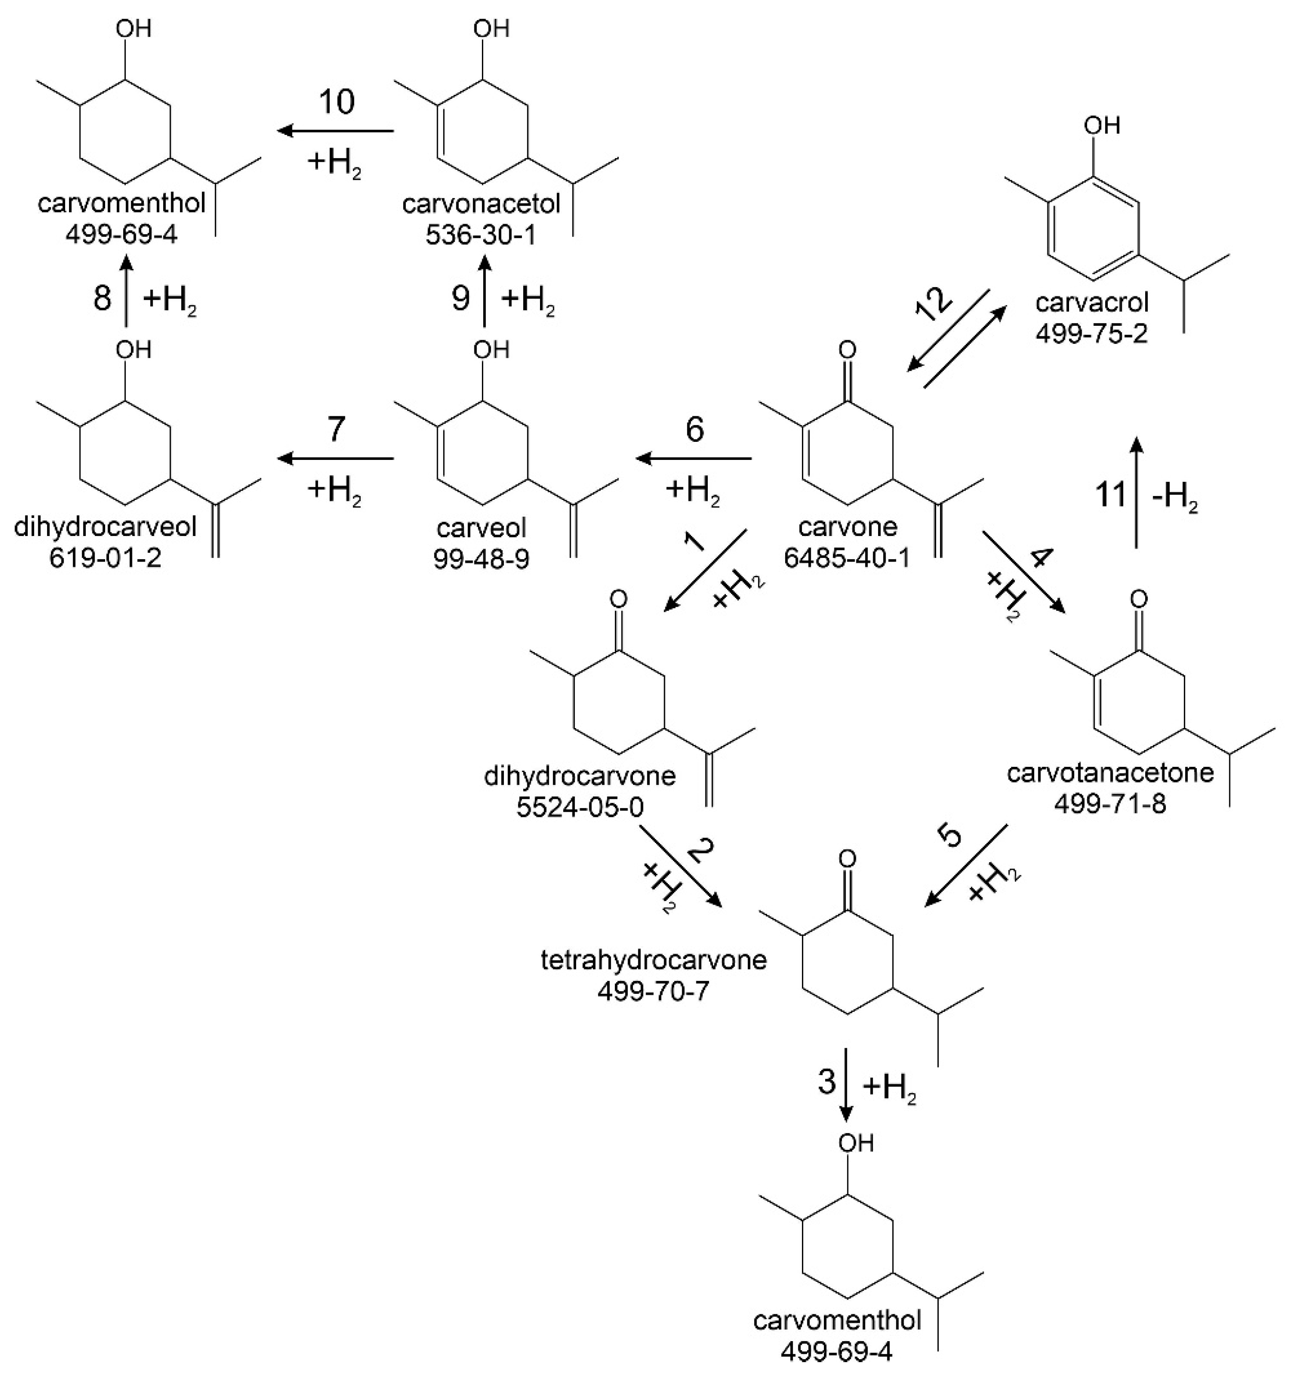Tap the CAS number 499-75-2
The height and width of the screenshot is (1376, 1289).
click(x=1092, y=334)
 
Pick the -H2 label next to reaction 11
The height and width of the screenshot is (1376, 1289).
click(x=1175, y=498)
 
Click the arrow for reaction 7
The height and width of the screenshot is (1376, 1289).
click(x=336, y=458)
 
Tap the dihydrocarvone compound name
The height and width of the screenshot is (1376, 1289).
click(x=580, y=776)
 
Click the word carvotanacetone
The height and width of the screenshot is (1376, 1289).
click(x=1110, y=772)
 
